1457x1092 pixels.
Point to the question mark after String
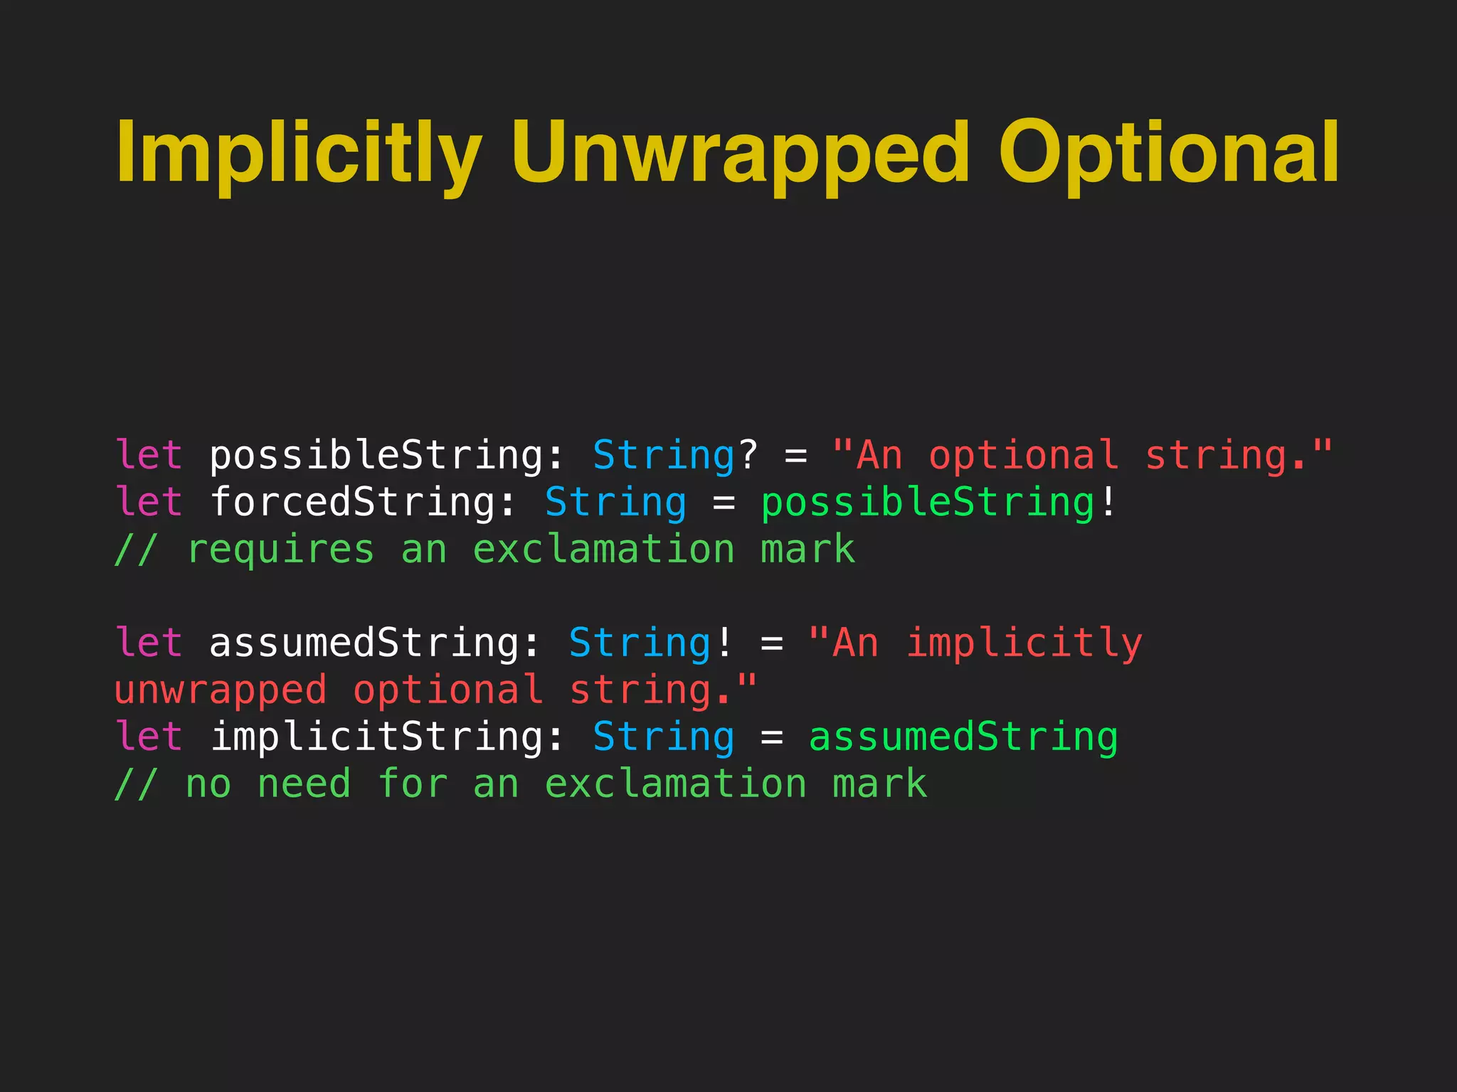748,456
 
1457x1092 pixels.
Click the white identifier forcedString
354,503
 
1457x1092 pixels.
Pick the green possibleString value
928,503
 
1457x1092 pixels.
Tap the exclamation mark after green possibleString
1108,503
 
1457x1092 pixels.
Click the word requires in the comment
280,550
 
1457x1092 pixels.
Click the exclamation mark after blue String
724,643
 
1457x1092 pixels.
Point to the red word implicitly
1024,643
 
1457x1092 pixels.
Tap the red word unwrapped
221,690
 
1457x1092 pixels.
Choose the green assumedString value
963,737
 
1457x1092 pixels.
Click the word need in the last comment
304,784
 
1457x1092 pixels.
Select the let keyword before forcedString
149,503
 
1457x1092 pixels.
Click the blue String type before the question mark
664,456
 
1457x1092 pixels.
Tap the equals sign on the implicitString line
772,737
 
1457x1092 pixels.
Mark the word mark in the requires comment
807,550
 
